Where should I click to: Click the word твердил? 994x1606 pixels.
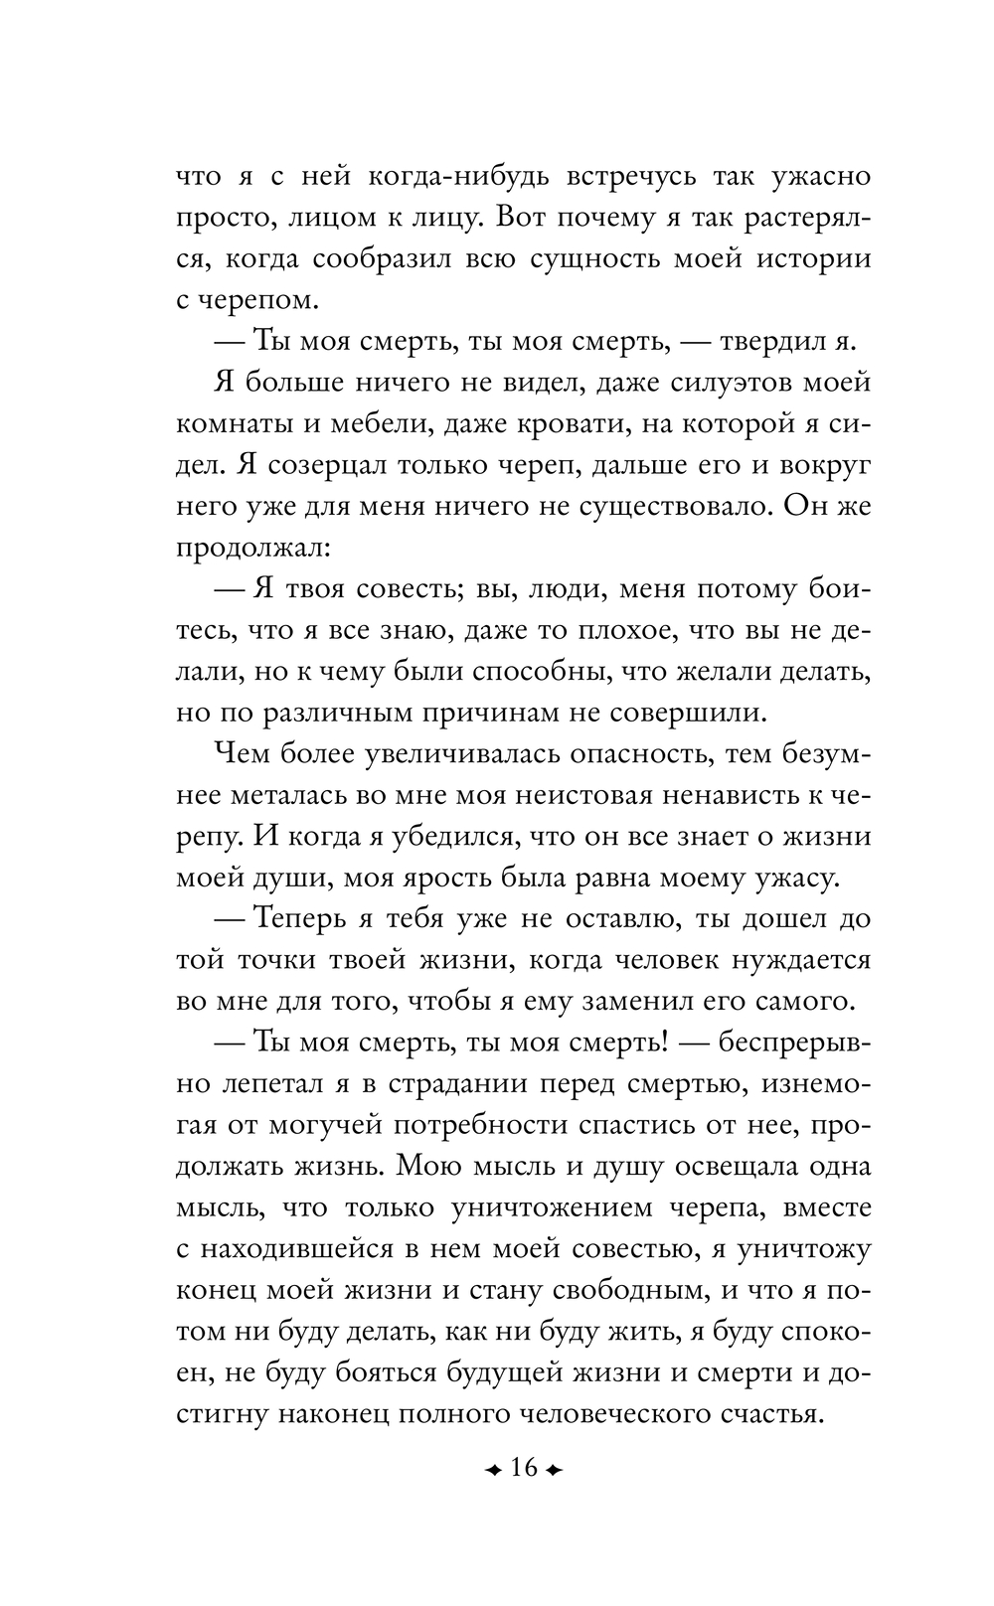(761, 342)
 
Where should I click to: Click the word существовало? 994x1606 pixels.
(656, 507)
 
